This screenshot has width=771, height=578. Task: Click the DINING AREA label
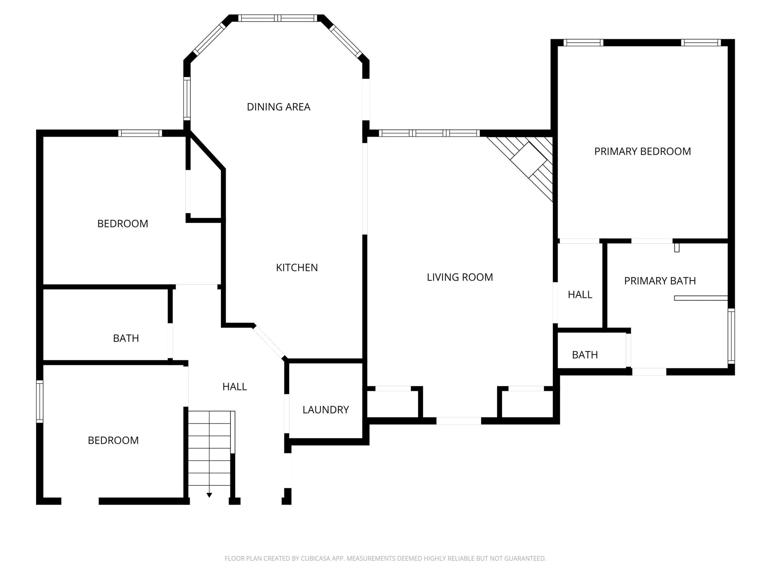(x=278, y=107)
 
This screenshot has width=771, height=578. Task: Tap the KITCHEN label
(x=297, y=267)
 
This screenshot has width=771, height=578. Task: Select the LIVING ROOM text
(x=460, y=277)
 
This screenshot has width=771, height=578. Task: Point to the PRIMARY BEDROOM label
(x=642, y=151)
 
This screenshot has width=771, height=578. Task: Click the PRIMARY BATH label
(x=660, y=281)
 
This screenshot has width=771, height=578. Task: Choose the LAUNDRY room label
(x=326, y=410)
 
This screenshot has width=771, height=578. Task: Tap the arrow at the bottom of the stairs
(x=209, y=495)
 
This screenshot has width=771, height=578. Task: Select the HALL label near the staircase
(x=235, y=387)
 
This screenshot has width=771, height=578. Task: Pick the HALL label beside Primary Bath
(x=580, y=295)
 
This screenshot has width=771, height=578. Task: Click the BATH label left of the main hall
(x=126, y=338)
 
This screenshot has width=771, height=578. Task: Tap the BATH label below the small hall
(x=585, y=355)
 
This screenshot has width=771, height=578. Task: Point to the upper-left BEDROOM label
(x=122, y=224)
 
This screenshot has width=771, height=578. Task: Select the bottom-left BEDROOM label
(x=113, y=440)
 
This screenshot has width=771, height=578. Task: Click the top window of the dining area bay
(x=277, y=18)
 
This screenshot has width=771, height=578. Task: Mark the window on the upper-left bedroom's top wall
(x=140, y=133)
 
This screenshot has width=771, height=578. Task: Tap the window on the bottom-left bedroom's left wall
(x=40, y=401)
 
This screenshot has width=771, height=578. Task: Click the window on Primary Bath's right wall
(x=731, y=336)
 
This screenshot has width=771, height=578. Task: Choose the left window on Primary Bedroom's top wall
(x=583, y=43)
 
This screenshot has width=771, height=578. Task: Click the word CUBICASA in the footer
(x=316, y=558)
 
